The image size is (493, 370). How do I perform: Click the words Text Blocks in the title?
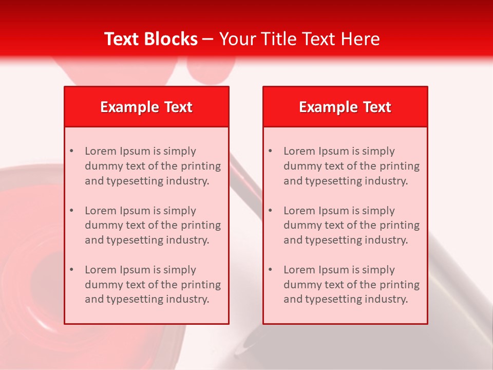click(x=150, y=39)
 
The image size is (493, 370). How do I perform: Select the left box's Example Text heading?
click(x=146, y=107)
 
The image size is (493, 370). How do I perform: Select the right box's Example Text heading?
click(x=345, y=107)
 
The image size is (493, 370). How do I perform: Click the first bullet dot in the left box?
click(x=71, y=151)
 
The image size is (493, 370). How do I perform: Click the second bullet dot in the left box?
click(x=71, y=211)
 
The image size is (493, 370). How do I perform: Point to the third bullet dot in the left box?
click(x=71, y=270)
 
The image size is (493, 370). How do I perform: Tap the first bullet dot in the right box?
click(x=270, y=151)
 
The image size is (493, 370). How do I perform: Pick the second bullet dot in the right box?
click(x=270, y=211)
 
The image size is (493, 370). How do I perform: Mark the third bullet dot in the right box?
click(x=270, y=270)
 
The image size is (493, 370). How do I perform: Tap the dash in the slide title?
click(x=208, y=39)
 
